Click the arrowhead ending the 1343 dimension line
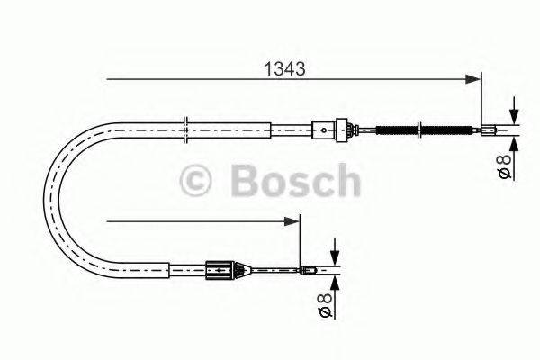tap(475, 79)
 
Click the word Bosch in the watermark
tap(294, 181)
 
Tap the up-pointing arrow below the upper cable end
tap(514, 142)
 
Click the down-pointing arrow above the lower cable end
tap(335, 252)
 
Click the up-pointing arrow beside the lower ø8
tap(335, 280)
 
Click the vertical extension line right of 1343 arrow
tap(482, 99)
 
